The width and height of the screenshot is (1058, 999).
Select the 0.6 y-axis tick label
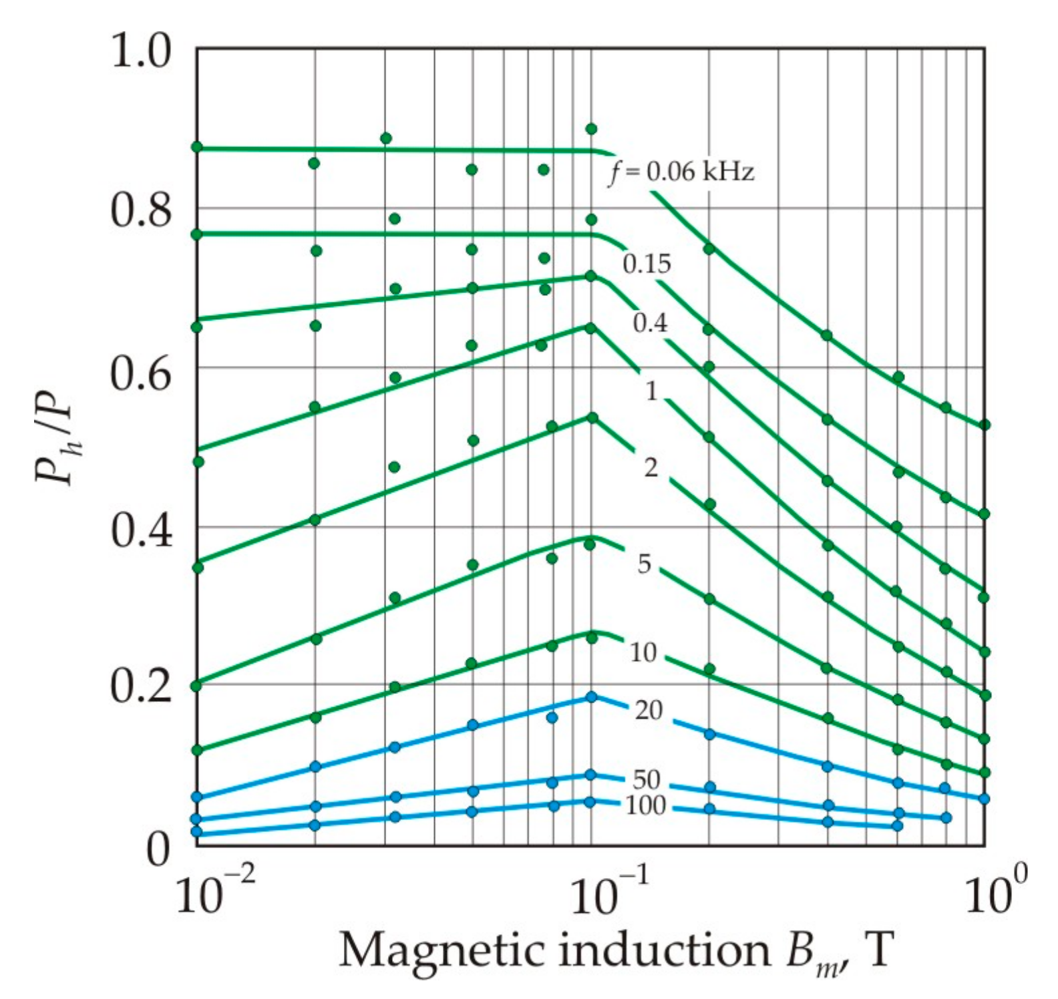pos(141,374)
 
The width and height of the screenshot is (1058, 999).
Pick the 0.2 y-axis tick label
pos(141,688)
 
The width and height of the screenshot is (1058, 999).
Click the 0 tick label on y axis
pos(158,849)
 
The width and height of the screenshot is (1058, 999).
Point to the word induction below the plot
pos(664,950)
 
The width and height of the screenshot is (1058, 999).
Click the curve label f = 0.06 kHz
pos(681,172)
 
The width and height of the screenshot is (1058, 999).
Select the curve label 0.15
pos(647,264)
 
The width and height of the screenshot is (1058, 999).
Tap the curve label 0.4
pos(650,323)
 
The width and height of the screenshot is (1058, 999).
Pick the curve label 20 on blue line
pos(648,710)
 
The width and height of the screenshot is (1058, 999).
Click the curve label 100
pos(645,806)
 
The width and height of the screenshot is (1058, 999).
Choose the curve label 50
pos(646,779)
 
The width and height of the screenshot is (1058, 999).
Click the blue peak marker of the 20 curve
pos(591,697)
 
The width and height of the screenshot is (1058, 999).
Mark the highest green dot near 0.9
pos(591,129)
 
